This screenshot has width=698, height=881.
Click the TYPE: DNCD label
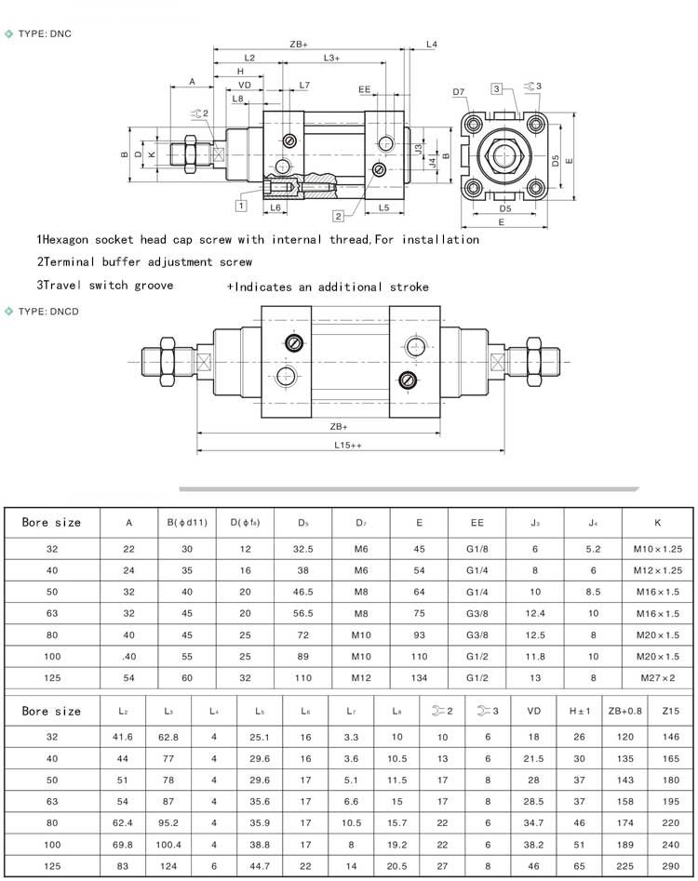click(49, 312)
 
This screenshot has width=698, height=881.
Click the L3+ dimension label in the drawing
click(330, 59)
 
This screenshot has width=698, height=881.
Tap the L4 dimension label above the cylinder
click(432, 44)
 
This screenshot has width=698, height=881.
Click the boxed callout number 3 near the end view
click(498, 88)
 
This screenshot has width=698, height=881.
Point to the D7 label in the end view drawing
click(458, 91)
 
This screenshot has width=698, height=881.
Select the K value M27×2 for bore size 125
click(658, 678)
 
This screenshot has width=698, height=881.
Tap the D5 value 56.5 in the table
click(303, 613)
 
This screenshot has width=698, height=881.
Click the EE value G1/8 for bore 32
click(477, 549)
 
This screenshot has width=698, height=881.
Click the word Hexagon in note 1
click(69, 239)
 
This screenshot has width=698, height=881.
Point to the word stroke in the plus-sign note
click(410, 287)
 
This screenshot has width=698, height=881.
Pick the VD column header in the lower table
click(534, 711)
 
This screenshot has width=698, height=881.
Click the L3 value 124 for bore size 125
click(168, 865)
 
